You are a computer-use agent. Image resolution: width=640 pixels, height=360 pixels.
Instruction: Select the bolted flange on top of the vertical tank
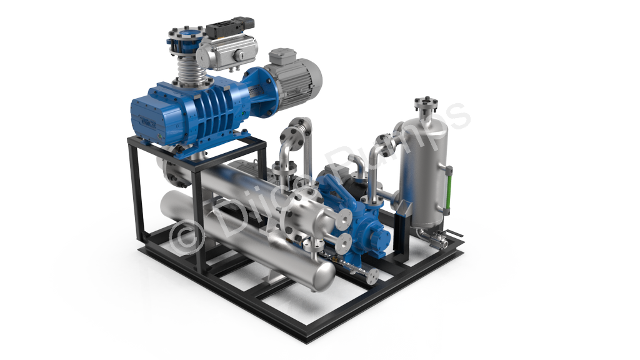[x=426, y=103]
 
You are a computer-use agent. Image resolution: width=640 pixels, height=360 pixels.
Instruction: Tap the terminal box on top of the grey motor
[x=282, y=57]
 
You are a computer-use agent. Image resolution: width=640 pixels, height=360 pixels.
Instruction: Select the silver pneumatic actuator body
[x=227, y=52]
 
